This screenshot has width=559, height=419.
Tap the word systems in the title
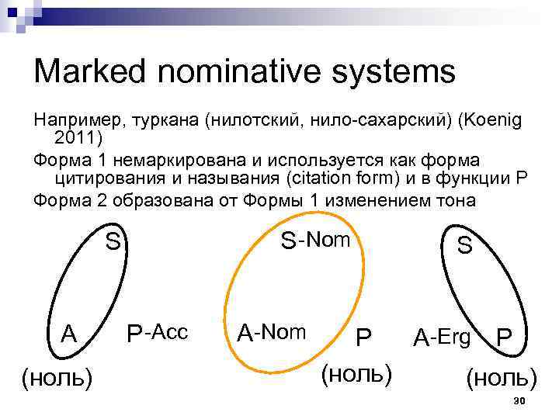coord(396,72)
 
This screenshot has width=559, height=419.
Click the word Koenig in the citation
coord(493,122)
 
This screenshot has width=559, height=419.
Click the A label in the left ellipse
coord(69,334)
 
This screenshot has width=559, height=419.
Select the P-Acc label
coord(157,333)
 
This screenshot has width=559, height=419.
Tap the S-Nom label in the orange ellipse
coord(315,241)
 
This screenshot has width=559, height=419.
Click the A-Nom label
coord(272,333)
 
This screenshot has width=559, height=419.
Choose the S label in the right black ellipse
coord(464,246)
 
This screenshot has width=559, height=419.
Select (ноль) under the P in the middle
coord(356,373)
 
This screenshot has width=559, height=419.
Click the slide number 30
coord(520,400)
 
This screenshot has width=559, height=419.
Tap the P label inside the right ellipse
coord(504,338)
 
